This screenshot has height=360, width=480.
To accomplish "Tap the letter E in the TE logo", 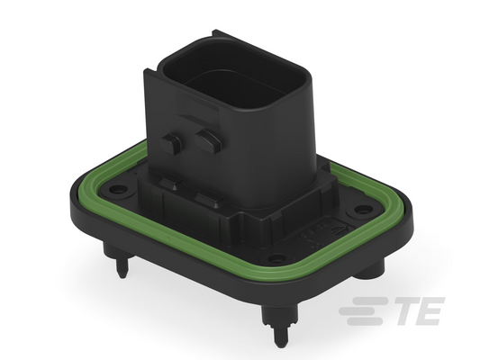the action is [429, 310].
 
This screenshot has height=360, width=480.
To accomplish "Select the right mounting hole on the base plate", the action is [363, 210].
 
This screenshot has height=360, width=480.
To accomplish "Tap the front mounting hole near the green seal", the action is [276, 259].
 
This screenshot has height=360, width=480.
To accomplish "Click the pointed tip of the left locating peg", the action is [122, 276].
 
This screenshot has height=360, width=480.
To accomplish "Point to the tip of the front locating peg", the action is [280, 346].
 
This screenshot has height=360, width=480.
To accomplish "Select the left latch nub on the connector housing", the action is [171, 144].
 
